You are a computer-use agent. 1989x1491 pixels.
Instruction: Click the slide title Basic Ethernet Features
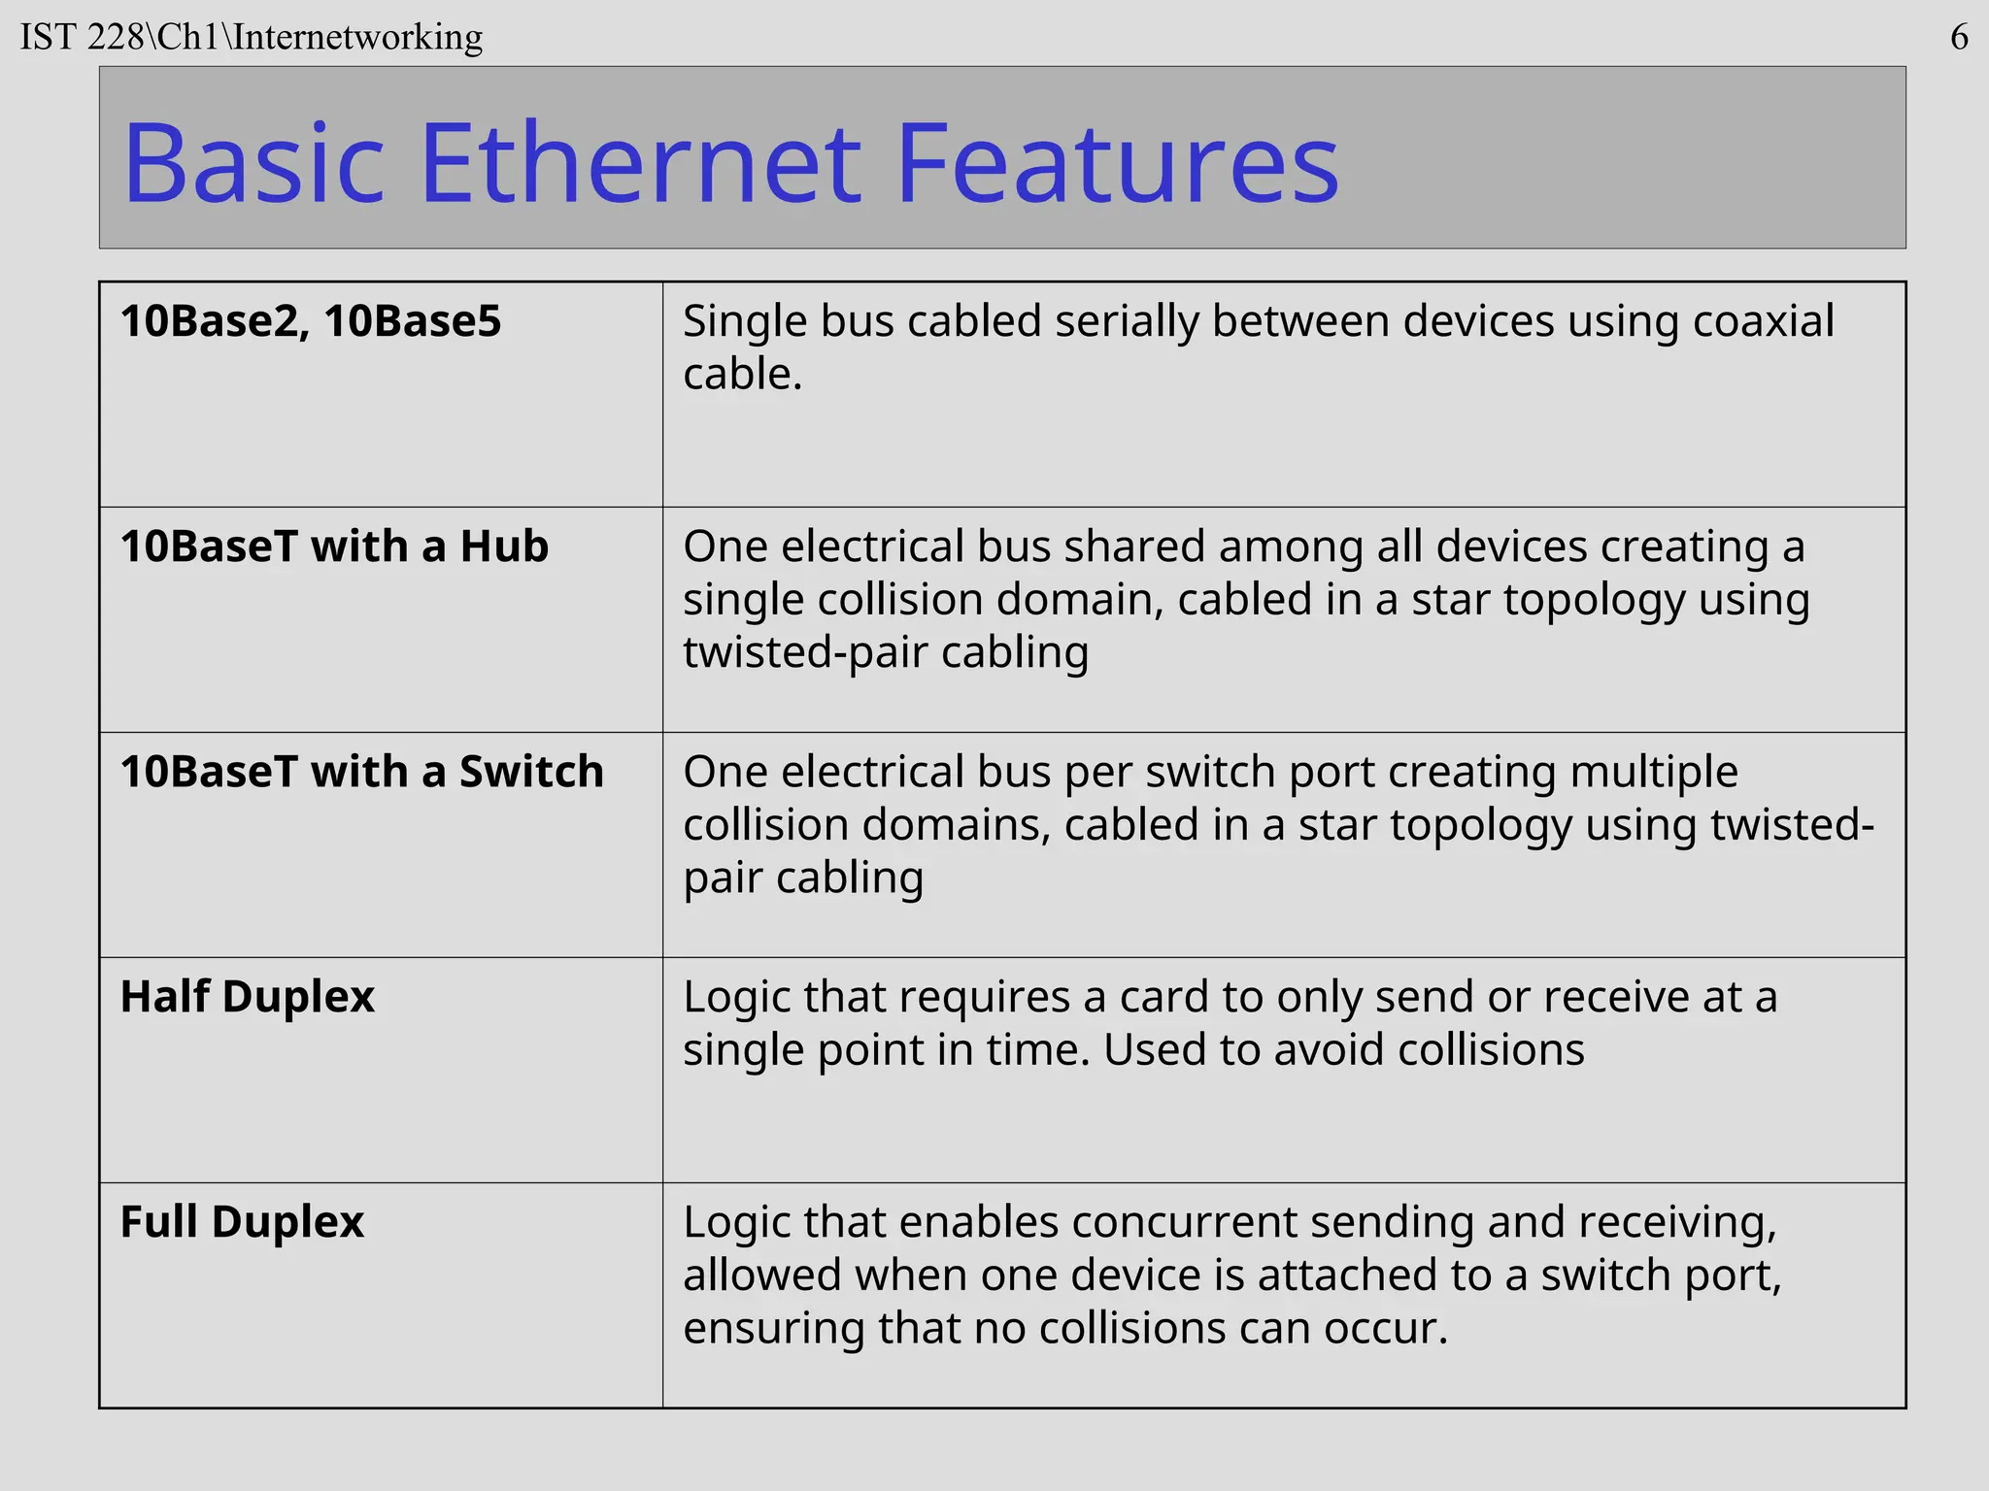(730, 162)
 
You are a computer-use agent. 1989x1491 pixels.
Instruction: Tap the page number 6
(1959, 38)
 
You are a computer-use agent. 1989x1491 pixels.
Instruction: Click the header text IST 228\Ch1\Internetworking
(252, 38)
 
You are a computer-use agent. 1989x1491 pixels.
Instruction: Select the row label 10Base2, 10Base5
(311, 321)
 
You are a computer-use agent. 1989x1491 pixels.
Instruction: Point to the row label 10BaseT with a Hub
(334, 547)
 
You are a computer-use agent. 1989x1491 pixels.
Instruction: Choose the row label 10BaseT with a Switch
(361, 772)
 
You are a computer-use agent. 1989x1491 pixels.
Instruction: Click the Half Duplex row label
(247, 997)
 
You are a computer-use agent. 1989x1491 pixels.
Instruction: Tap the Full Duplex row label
(242, 1222)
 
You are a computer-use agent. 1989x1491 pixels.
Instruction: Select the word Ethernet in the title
(640, 162)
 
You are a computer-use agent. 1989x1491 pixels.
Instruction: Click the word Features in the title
(1117, 162)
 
